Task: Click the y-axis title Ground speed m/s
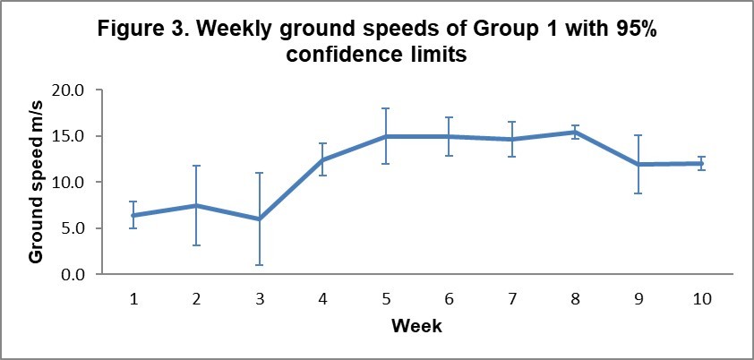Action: point(37,183)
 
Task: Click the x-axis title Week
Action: point(416,326)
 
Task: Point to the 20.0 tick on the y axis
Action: point(69,90)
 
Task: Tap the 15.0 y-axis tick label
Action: point(69,136)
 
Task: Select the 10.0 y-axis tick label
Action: point(69,183)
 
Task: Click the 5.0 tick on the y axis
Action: point(73,228)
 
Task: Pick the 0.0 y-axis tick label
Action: point(73,274)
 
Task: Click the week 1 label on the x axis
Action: point(133,299)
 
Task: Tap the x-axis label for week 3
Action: point(259,299)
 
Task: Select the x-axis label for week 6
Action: point(449,299)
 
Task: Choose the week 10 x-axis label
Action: point(701,299)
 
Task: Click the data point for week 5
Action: point(385,136)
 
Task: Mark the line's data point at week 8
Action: point(575,133)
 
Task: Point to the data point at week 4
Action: point(322,160)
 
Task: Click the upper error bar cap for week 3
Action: point(259,173)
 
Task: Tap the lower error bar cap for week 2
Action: point(195,245)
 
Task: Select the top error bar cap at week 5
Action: point(385,108)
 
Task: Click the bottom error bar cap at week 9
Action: point(638,193)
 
